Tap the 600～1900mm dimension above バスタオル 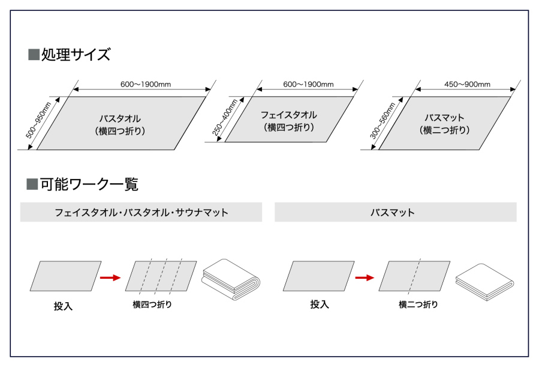click(x=145, y=85)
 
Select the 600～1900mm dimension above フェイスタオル click(x=308, y=85)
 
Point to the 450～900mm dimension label click(x=467, y=85)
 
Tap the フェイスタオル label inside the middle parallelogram click(x=288, y=115)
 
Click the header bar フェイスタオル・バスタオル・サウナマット click(x=141, y=213)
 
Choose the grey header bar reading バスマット click(x=395, y=213)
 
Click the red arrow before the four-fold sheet click(x=110, y=278)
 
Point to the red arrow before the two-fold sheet click(x=364, y=278)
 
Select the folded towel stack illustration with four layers click(x=231, y=279)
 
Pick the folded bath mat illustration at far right click(x=484, y=281)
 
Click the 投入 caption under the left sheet click(x=63, y=306)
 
